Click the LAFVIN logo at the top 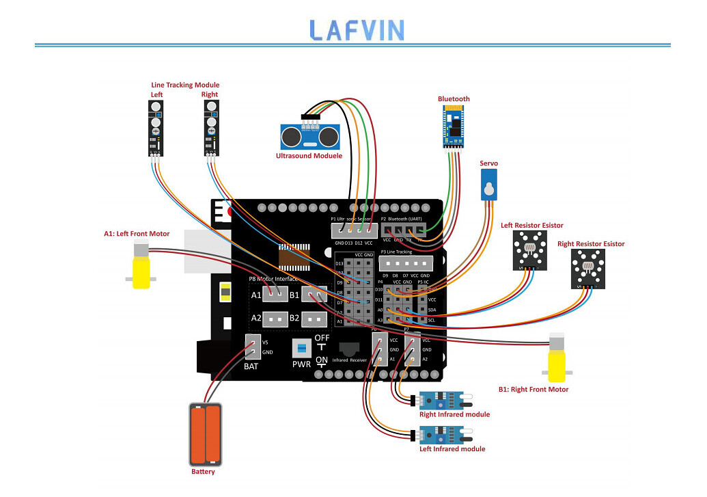click(x=357, y=29)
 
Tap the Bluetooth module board click(x=454, y=126)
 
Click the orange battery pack click(x=205, y=432)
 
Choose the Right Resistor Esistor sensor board click(x=590, y=268)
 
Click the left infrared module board click(x=441, y=435)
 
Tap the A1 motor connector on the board click(x=276, y=295)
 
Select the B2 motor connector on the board click(x=314, y=319)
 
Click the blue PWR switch click(x=301, y=348)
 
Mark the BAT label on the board click(x=251, y=366)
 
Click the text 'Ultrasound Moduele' click(x=309, y=156)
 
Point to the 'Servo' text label click(x=488, y=163)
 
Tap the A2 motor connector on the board click(x=276, y=319)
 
